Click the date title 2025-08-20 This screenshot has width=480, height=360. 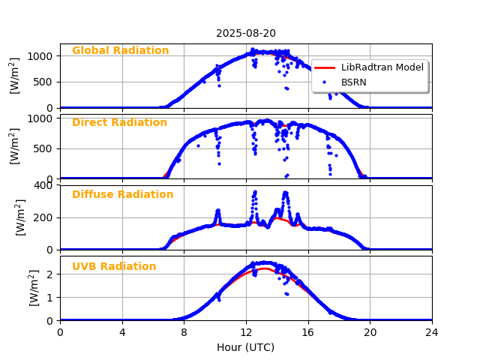point(246,33)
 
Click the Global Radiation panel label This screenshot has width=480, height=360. point(120,51)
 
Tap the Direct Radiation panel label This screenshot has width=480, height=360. point(119,123)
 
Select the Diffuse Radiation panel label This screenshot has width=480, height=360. point(122,195)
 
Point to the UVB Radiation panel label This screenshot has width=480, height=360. point(114,267)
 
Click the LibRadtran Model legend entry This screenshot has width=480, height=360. point(382,67)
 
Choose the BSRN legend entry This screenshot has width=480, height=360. point(353,82)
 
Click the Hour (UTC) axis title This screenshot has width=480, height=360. point(246,347)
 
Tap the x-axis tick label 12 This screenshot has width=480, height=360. point(246,332)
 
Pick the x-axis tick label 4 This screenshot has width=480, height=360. point(122,332)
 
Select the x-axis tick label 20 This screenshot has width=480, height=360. point(370,332)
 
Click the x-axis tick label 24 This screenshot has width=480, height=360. point(432,332)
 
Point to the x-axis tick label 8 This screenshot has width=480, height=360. point(184,332)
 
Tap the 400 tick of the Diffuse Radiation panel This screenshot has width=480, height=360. point(45,185)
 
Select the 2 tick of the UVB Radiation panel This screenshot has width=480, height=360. point(50,274)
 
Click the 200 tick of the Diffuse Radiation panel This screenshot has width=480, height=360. point(45,217)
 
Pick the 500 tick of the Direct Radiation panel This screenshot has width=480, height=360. point(45,148)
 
